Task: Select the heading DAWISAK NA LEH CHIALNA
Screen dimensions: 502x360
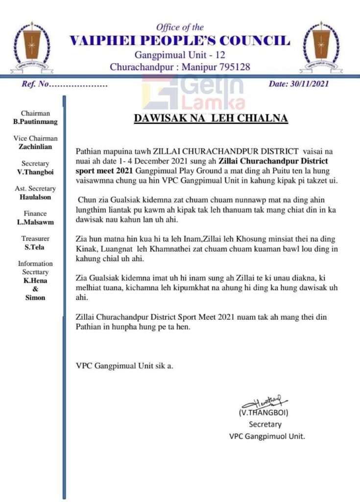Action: point(211,119)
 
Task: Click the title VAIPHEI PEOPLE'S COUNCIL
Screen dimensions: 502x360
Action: point(180,41)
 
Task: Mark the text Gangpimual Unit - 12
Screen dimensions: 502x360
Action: point(180,54)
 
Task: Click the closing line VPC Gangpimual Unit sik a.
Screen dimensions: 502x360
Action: point(125,365)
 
